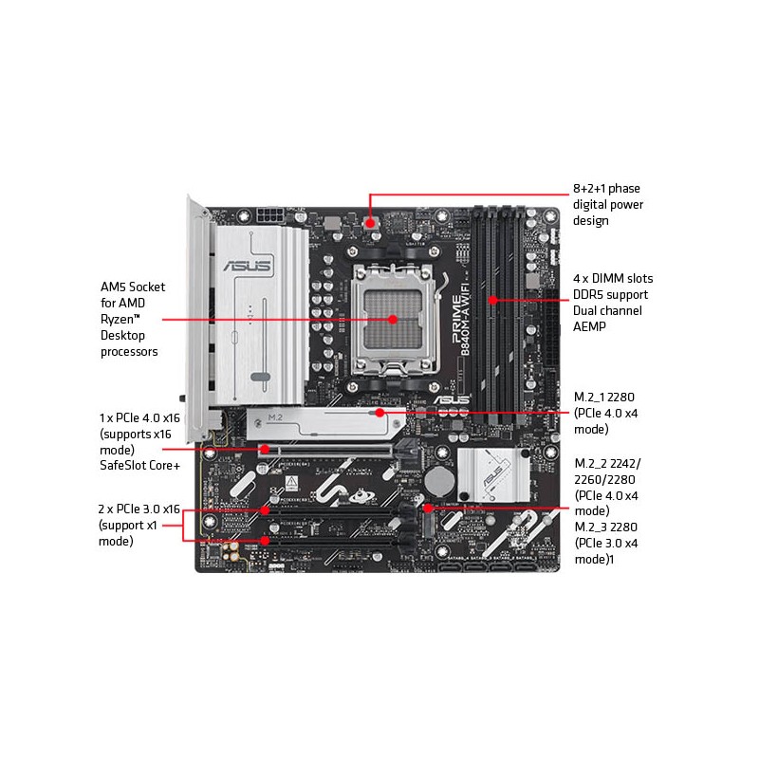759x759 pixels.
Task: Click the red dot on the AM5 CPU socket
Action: coord(393,320)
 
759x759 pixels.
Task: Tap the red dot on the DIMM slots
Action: coord(492,300)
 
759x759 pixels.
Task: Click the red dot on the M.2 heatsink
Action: coord(380,413)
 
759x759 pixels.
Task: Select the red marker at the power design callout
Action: coord(370,223)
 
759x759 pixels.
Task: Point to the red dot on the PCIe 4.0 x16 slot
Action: coord(265,449)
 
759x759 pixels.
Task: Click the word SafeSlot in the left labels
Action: coord(120,465)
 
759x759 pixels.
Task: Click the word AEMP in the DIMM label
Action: coord(589,326)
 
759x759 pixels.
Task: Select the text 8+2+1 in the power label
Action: coord(588,188)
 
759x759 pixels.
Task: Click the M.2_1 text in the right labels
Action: coord(589,398)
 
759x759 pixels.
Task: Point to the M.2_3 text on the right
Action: coord(589,528)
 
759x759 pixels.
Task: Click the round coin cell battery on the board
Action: coord(439,481)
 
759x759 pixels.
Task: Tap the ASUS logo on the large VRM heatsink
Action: coord(247,266)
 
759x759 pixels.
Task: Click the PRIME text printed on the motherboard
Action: coord(456,320)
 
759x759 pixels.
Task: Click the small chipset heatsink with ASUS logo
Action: coord(493,474)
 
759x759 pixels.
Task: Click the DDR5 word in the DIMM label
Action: coord(587,295)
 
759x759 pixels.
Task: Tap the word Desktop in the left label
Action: coord(122,336)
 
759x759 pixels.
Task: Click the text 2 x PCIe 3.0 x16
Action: coord(139,509)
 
